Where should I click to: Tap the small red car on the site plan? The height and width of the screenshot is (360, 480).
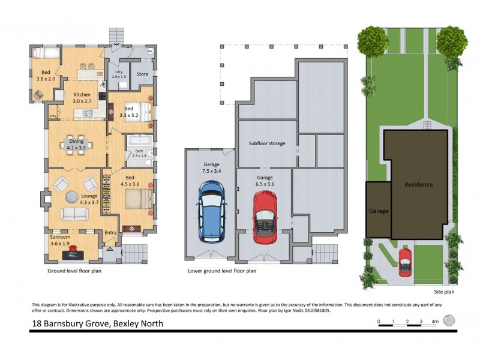pyautogui.click(x=406, y=262)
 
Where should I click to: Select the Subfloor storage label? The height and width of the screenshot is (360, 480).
pyautogui.click(x=267, y=143)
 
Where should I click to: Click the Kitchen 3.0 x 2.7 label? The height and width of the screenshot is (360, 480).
pyautogui.click(x=82, y=98)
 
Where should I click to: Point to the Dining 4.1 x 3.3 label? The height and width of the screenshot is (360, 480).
pyautogui.click(x=76, y=143)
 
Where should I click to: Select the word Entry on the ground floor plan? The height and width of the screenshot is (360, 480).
pyautogui.click(x=110, y=233)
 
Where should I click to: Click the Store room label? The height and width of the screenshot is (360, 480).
pyautogui.click(x=142, y=74)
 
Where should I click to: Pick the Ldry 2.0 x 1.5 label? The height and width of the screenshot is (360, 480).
pyautogui.click(x=118, y=75)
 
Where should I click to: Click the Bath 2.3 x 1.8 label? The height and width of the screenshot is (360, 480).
pyautogui.click(x=139, y=153)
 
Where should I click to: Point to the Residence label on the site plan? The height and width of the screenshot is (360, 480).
pyautogui.click(x=418, y=184)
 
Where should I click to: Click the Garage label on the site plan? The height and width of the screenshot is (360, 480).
pyautogui.click(x=379, y=211)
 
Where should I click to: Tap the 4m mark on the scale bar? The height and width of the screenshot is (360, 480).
pyautogui.click(x=434, y=322)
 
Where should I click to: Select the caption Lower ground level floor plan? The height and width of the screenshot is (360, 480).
pyautogui.click(x=222, y=271)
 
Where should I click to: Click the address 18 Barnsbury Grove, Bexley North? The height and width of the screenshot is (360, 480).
pyautogui.click(x=97, y=323)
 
